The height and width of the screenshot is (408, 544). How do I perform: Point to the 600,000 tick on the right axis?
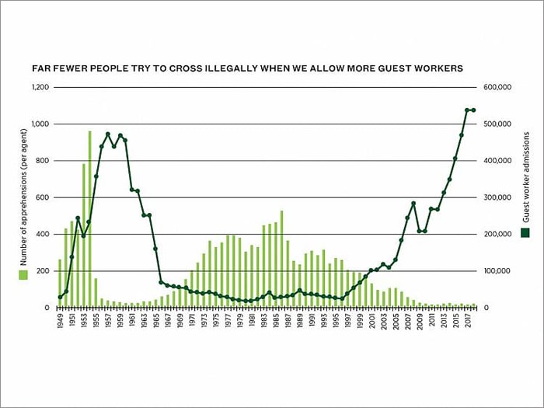[497, 87]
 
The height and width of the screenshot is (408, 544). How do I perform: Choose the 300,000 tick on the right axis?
[497, 197]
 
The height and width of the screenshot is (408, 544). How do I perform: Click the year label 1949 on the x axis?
[60, 321]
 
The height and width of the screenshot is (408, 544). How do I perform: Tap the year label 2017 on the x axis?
[467, 321]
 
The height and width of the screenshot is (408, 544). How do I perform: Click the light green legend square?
[23, 274]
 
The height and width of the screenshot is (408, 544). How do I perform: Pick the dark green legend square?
[525, 232]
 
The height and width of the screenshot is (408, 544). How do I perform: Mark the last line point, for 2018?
[473, 110]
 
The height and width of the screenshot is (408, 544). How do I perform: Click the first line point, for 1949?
[60, 297]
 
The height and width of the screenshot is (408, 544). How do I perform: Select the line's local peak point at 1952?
[78, 218]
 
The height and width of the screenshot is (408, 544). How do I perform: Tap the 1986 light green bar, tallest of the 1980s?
[281, 260]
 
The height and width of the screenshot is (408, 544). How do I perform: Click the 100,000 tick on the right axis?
[497, 271]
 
